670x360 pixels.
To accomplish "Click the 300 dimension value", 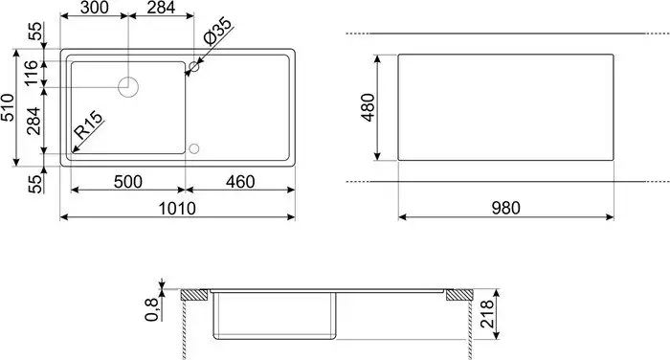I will point(94,10).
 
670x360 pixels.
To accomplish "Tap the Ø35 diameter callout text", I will point(215,32).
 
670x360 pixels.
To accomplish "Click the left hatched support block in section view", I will point(198,294).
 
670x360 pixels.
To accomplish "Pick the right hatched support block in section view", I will point(458,294).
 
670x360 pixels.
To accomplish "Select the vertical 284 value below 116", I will point(32,123).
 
